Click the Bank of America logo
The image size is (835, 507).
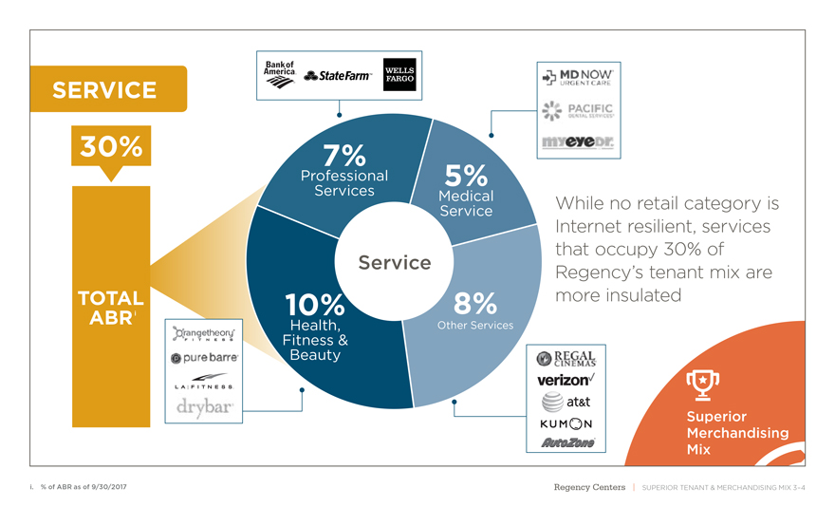pyautogui.click(x=280, y=73)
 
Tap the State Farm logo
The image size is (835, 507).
pyautogui.click(x=339, y=75)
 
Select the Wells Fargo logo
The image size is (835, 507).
pyautogui.click(x=399, y=75)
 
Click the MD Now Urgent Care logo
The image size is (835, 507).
pyautogui.click(x=579, y=76)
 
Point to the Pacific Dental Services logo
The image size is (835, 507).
pyautogui.click(x=578, y=111)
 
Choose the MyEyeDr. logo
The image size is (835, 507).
pyautogui.click(x=579, y=141)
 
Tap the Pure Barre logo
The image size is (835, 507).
pyautogui.click(x=204, y=359)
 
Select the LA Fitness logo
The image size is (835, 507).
pyautogui.click(x=205, y=382)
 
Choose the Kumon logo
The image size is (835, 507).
pyautogui.click(x=566, y=423)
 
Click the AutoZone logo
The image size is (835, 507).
pyautogui.click(x=566, y=442)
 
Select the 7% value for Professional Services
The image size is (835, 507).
pyautogui.click(x=339, y=155)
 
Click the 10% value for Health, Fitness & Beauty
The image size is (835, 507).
pyautogui.click(x=314, y=305)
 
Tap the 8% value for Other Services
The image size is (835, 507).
pyautogui.click(x=475, y=304)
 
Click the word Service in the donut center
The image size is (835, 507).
pyautogui.click(x=394, y=262)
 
